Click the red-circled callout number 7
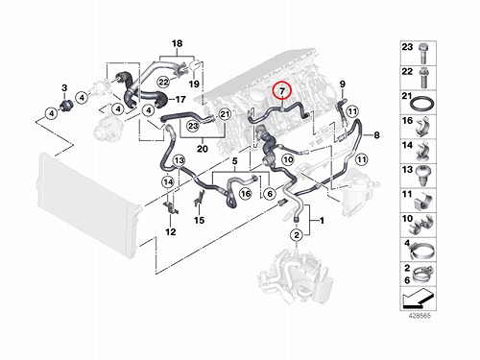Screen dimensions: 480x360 click(x=282, y=91)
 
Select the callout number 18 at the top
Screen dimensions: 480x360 click(x=177, y=43)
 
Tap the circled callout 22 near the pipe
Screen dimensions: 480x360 click(x=163, y=83)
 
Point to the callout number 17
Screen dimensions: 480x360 click(x=180, y=99)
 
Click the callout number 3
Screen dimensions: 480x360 click(x=64, y=87)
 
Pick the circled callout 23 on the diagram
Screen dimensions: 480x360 click(x=193, y=125)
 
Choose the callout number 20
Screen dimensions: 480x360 click(x=203, y=149)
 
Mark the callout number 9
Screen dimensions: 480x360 click(x=343, y=84)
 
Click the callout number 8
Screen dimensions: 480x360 click(x=376, y=135)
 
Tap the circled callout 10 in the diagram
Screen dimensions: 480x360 click(x=288, y=159)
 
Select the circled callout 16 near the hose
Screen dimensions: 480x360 click(x=246, y=193)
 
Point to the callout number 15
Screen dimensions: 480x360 click(x=199, y=220)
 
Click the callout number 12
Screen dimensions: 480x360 click(x=171, y=231)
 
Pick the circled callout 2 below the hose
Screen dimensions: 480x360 click(x=297, y=235)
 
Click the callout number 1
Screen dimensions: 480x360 click(x=322, y=221)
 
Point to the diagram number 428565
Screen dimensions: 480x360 click(x=419, y=316)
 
